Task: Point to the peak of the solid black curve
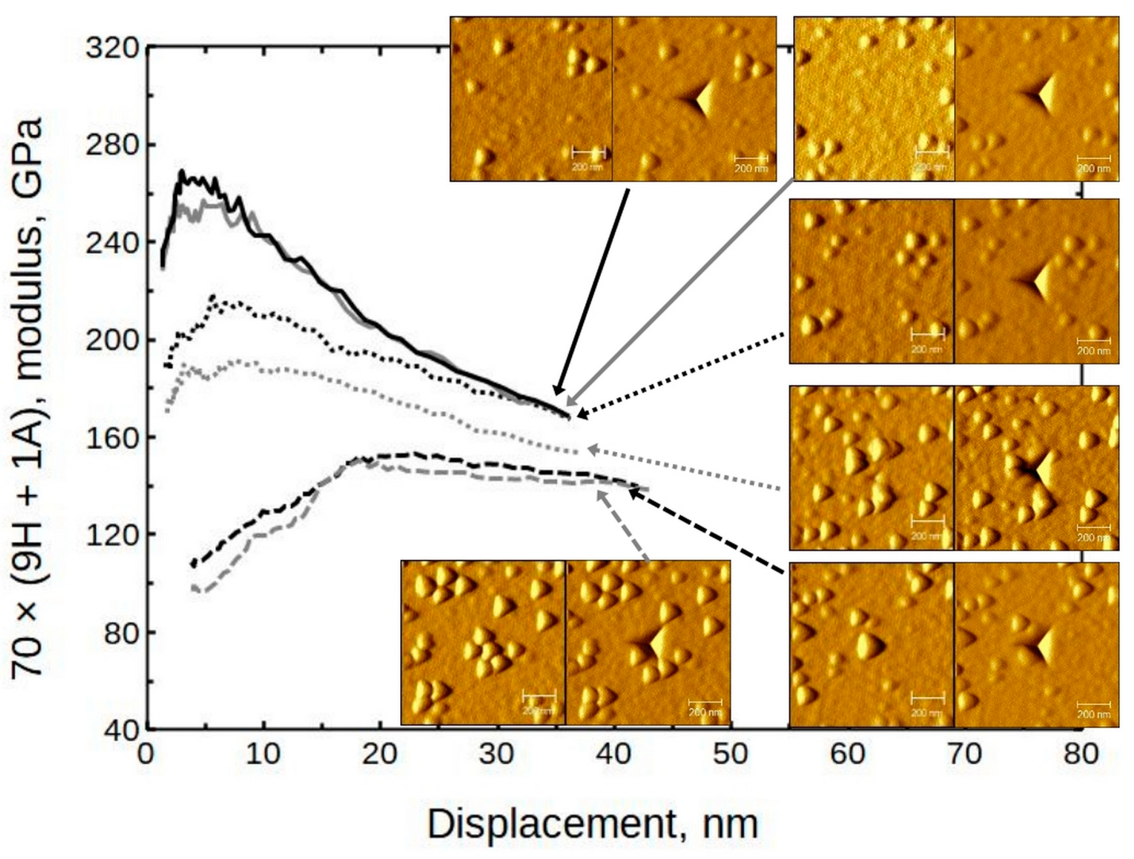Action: [181, 173]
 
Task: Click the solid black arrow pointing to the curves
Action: [590, 292]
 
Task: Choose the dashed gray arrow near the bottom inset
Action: [623, 526]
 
